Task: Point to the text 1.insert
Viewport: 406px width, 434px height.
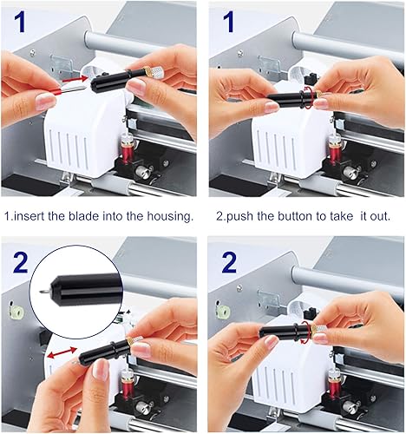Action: (23, 215)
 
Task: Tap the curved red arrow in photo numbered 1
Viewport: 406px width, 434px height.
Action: (310, 97)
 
